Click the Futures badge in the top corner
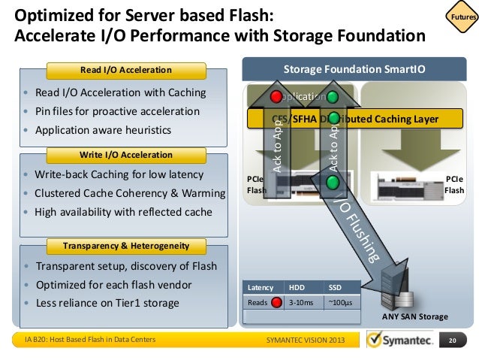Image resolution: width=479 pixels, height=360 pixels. [x=460, y=17]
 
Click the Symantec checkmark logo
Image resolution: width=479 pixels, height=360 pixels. [x=379, y=340]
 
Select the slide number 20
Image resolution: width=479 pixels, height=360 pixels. [x=452, y=340]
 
